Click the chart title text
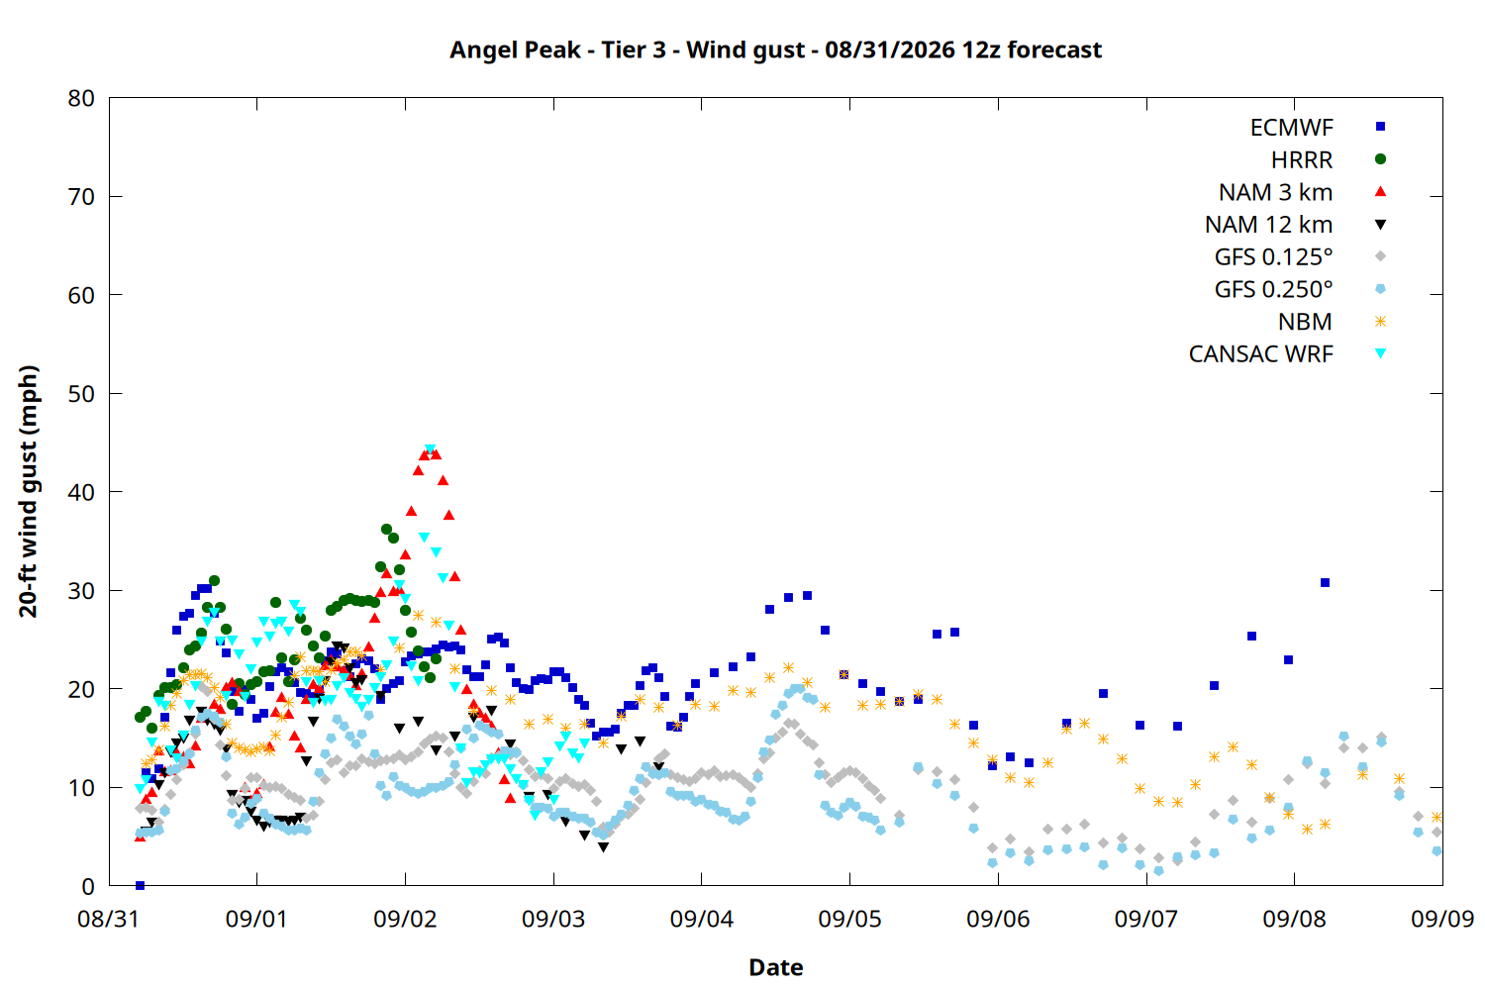(x=775, y=49)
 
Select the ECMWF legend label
(x=1291, y=128)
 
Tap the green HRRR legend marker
(x=1380, y=159)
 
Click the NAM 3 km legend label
(x=1275, y=192)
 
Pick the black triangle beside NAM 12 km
(x=1380, y=225)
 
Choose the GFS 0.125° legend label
(x=1273, y=256)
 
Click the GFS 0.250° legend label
(x=1273, y=289)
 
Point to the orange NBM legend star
(x=1380, y=322)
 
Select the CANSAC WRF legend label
(x=1261, y=354)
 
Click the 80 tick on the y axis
(x=81, y=98)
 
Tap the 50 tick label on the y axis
(x=81, y=394)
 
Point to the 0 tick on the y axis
(x=88, y=886)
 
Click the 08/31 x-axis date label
(x=109, y=919)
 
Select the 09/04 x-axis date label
(x=701, y=919)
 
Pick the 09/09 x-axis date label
(x=1442, y=919)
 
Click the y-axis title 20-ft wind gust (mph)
(x=29, y=491)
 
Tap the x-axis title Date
(x=775, y=967)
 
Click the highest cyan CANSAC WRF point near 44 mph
(x=430, y=449)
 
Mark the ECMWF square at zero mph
(x=140, y=885)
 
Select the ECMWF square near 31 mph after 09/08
(x=1325, y=583)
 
